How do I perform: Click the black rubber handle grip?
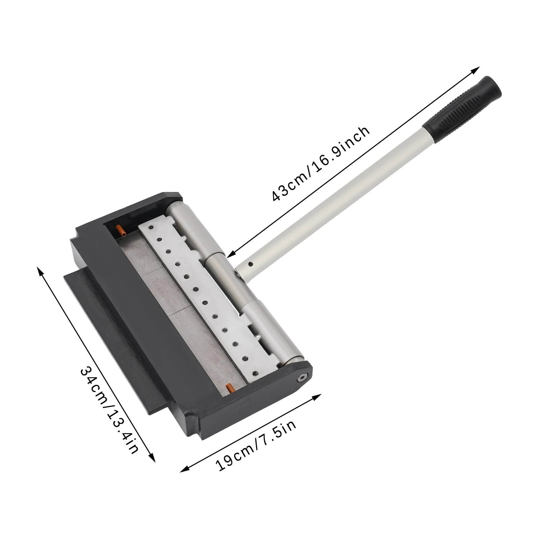pos(463,107)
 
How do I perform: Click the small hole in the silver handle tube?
pos(250,264)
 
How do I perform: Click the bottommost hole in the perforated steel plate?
pos(255,373)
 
